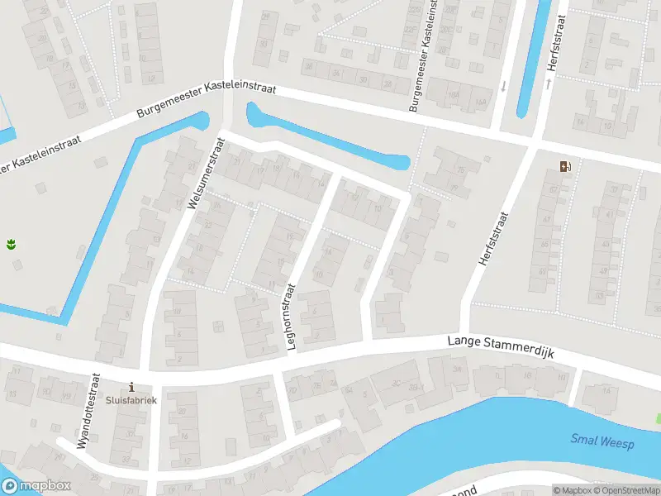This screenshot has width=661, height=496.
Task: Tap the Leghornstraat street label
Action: [x=291, y=317]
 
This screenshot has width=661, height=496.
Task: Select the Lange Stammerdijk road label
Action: [x=500, y=346]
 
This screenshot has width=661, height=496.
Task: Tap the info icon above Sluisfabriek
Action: [x=131, y=387]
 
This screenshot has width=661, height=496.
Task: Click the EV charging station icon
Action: [x=565, y=167]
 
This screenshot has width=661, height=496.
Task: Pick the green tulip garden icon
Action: [x=12, y=244]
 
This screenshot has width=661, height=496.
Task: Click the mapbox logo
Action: [x=36, y=486]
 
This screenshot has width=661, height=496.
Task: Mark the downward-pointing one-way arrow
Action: [x=503, y=85]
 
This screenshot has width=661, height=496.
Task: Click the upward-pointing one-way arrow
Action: [x=548, y=83]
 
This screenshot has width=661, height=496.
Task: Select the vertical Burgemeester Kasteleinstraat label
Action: [x=421, y=56]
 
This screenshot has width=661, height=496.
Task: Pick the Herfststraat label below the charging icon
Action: [x=492, y=238]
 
